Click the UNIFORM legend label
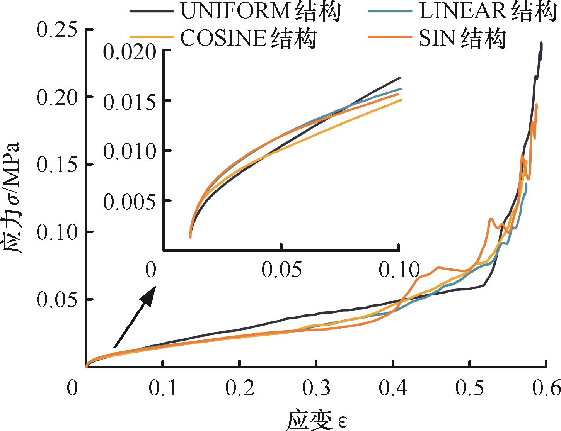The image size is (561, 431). pyautogui.click(x=261, y=12)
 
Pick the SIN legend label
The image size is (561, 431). pyautogui.click(x=462, y=38)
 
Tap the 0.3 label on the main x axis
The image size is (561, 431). pyautogui.click(x=316, y=388)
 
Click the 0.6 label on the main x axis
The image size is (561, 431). pyautogui.click(x=546, y=388)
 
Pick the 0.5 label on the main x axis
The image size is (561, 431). pyautogui.click(x=469, y=388)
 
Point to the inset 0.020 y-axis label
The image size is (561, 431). pyautogui.click(x=127, y=51)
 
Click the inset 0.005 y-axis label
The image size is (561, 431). pyautogui.click(x=127, y=201)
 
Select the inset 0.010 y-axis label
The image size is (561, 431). pyautogui.click(x=127, y=151)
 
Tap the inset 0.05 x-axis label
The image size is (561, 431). pyautogui.click(x=282, y=270)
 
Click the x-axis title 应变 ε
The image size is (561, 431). pyautogui.click(x=315, y=420)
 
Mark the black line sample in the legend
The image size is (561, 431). pyautogui.click(x=152, y=12)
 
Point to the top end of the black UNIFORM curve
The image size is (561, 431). pyautogui.click(x=541, y=43)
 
